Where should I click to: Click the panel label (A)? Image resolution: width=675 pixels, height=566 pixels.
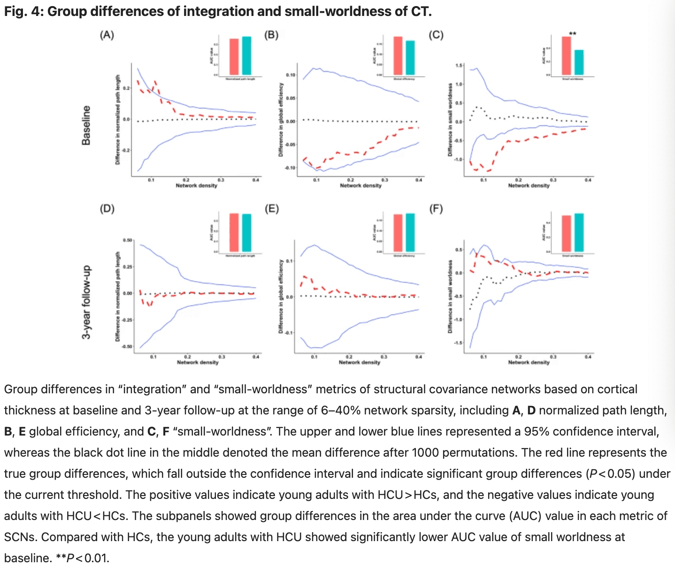[x=107, y=35]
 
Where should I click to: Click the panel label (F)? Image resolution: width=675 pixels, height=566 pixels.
[x=436, y=209]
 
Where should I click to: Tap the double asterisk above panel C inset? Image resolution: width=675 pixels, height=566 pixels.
[x=573, y=33]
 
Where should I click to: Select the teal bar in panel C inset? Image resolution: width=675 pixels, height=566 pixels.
[x=579, y=62]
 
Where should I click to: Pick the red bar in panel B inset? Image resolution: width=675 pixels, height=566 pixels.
[x=398, y=55]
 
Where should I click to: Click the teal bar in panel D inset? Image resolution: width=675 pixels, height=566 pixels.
[x=246, y=233]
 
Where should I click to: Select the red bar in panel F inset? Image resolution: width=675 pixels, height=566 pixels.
[x=566, y=234]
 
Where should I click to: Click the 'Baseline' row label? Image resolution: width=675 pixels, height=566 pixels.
[x=86, y=125]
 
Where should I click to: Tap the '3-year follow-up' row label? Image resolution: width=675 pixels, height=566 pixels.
[x=86, y=303]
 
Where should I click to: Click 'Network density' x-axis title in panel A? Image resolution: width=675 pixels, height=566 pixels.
[x=196, y=186]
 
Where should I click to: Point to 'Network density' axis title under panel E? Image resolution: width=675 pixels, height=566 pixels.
[x=360, y=362]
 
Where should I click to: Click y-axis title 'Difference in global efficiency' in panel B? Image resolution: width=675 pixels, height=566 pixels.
[x=281, y=120]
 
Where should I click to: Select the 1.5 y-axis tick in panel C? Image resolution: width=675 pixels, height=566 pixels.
[x=459, y=65]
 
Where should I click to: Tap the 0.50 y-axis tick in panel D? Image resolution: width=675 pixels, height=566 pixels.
[x=128, y=240]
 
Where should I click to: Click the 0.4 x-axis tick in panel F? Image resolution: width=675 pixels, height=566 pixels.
[x=588, y=357]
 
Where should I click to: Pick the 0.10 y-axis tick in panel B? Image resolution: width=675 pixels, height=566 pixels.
[x=291, y=75]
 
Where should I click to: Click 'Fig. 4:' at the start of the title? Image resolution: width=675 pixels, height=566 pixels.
[x=24, y=11]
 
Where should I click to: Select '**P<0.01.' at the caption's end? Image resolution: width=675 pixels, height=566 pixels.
[x=56, y=558]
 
